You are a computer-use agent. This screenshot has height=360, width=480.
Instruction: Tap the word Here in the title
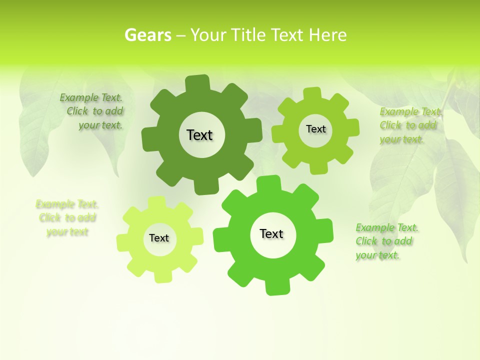(x=327, y=35)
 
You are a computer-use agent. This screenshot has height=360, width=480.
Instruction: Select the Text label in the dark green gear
(x=199, y=135)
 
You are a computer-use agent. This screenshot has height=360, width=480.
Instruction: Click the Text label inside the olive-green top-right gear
(x=315, y=129)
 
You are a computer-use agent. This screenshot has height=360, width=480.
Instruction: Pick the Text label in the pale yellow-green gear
(x=159, y=238)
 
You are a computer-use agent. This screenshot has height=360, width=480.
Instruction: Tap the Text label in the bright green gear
(x=271, y=233)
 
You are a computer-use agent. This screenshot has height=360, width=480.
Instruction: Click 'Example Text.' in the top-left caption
(x=91, y=97)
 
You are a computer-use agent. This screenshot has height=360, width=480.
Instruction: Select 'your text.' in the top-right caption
(x=401, y=139)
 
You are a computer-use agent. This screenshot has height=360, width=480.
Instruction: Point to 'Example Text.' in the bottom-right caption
(x=387, y=227)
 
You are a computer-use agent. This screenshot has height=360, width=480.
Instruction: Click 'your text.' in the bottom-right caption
(x=377, y=255)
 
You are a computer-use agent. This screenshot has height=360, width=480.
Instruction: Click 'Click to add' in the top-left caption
(x=95, y=111)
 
